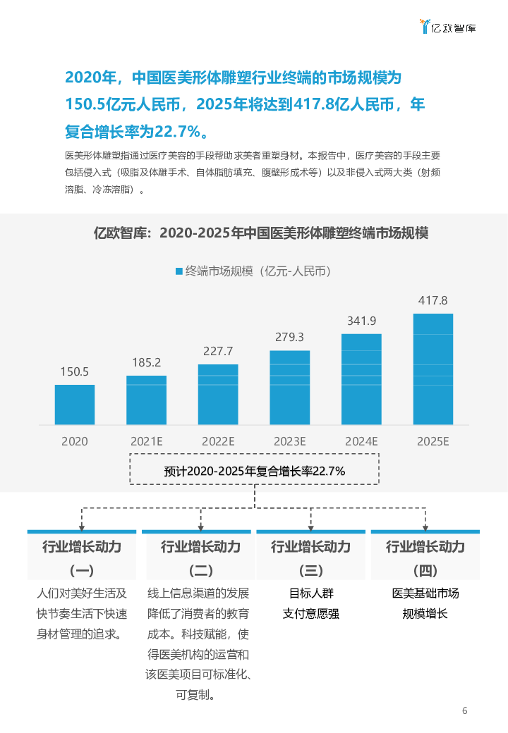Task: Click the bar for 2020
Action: point(75,405)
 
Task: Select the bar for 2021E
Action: point(147,400)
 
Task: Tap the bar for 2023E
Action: point(289,387)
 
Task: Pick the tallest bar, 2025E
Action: point(433,369)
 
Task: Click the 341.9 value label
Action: point(361,321)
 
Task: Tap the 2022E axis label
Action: point(218,441)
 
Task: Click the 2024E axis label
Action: point(361,441)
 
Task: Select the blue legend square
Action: point(179,271)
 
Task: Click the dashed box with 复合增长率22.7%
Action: point(254,472)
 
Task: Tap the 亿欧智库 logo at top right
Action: point(447,27)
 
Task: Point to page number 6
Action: point(464,710)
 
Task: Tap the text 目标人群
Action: point(310,593)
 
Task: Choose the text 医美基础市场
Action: point(425,593)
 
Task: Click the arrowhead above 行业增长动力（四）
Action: point(425,526)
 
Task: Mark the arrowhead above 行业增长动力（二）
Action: point(196,526)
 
